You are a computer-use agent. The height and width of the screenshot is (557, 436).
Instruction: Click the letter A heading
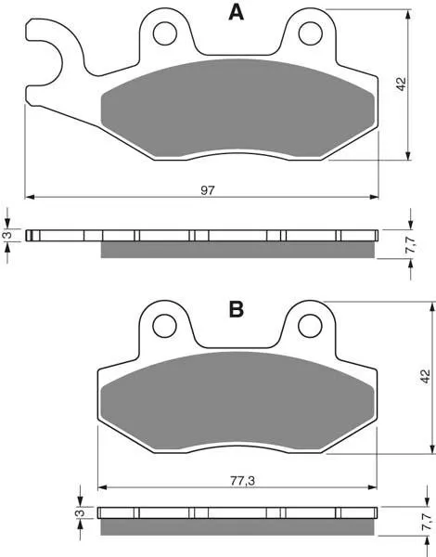point(237,13)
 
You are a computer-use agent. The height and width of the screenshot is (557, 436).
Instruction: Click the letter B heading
point(237,309)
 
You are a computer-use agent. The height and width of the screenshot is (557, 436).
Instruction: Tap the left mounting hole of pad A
point(165,33)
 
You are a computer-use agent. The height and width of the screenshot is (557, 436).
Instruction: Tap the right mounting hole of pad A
point(311,33)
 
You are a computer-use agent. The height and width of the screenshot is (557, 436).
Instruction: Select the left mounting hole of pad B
point(165,326)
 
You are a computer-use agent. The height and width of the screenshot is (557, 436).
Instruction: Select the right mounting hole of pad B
point(311,326)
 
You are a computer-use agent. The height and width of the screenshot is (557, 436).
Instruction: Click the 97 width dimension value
point(208,190)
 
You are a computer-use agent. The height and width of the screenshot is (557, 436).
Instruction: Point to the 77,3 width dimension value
point(242,481)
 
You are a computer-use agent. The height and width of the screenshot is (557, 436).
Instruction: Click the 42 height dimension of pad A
point(401,84)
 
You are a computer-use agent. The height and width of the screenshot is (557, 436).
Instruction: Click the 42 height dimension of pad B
point(426,377)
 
